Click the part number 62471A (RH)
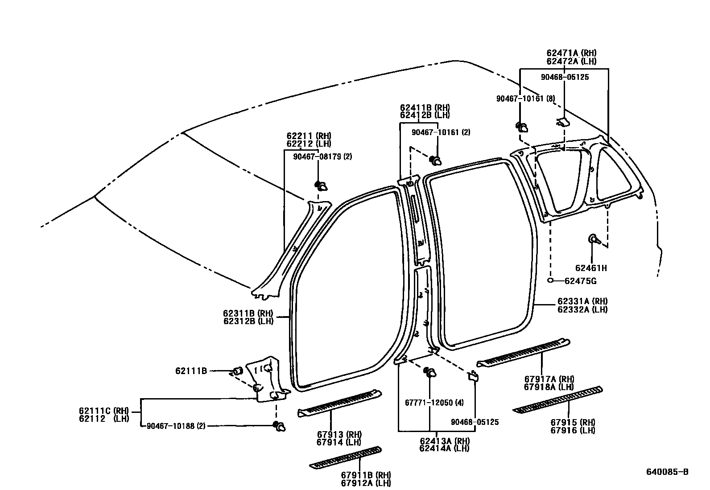pos(571,53)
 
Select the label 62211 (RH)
pos(309,136)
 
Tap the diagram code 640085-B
pos(668,472)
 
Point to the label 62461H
pos(591,268)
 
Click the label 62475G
pos(581,281)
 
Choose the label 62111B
pos(191,370)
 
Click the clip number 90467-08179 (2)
pos(322,156)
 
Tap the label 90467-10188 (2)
pos(176,426)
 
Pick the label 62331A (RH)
pos(582,301)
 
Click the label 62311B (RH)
pos(248,313)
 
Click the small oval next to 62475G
pos(551,280)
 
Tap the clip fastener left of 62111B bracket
pos(238,371)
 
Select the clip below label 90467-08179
pos(321,186)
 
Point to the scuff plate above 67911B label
pos(346,457)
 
